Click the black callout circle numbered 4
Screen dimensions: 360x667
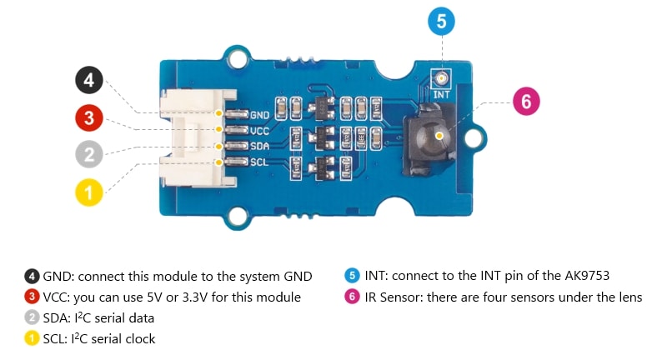[x=89, y=82]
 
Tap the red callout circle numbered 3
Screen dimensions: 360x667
[x=89, y=118]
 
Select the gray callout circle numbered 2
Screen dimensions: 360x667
[x=89, y=155]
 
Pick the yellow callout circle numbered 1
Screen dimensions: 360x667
[x=89, y=192]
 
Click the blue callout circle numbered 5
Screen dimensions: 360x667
[x=441, y=20]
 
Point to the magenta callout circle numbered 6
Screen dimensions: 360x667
[x=525, y=102]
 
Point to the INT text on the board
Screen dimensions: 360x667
[x=441, y=95]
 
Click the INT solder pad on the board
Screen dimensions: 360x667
[x=441, y=80]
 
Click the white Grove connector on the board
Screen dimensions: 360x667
[x=193, y=137]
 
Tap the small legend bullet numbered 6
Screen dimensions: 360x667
[x=352, y=297]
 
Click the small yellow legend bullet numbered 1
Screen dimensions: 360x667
[x=32, y=339]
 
